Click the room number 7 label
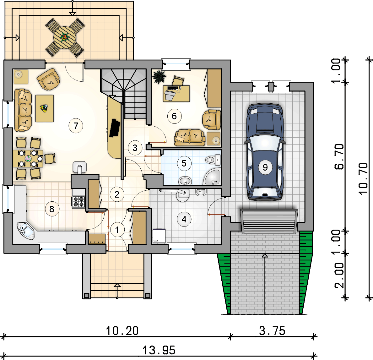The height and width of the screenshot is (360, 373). point(76,126)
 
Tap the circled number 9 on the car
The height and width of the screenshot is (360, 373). point(265,167)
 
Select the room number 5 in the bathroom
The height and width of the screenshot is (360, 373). point(184,163)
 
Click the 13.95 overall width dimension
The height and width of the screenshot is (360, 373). point(159,350)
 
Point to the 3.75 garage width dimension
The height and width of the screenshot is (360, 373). point(272,331)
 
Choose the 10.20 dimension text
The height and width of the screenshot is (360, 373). point(122,331)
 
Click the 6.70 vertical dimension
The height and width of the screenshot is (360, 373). point(339,156)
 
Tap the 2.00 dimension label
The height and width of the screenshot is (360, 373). point(339,275)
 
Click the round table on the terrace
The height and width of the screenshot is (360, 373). point(64,37)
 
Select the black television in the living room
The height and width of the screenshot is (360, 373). point(115,128)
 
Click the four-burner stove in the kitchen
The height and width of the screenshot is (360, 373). point(78,201)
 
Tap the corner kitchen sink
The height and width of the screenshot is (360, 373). point(26,231)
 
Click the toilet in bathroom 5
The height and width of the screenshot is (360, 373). point(213,160)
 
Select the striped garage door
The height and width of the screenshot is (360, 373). point(269,221)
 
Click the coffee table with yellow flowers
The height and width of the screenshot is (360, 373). point(45,108)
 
